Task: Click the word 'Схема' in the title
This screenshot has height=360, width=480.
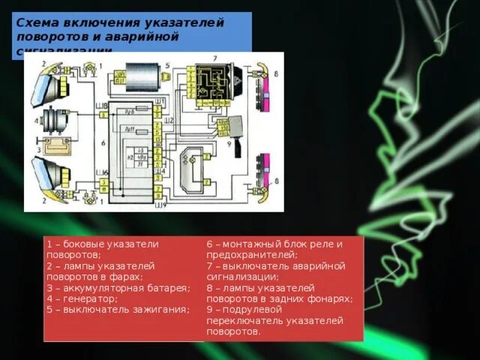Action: click(39, 23)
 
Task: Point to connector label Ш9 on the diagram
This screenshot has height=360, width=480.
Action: click(157, 203)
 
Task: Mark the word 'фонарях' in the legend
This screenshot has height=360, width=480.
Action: click(331, 298)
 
